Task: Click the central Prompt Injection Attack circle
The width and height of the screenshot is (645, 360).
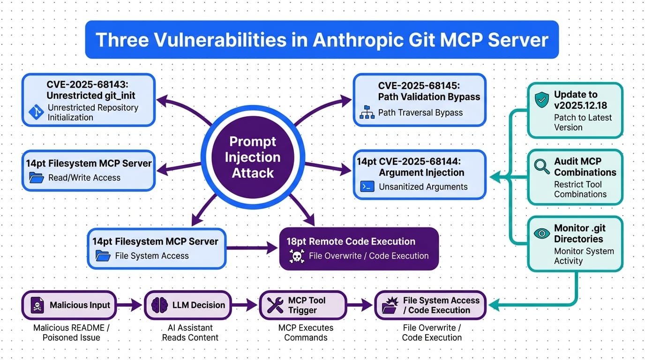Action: tap(253, 157)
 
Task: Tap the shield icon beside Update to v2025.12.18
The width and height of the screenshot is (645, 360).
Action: tap(541, 100)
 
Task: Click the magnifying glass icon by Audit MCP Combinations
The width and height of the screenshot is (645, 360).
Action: tap(541, 166)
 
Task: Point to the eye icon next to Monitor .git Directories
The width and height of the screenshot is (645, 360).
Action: tap(542, 233)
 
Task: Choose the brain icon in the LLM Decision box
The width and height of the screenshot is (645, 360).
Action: tap(160, 305)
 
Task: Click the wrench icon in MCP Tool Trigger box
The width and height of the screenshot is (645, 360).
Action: tap(275, 305)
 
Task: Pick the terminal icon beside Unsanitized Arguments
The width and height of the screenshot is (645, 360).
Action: tap(367, 187)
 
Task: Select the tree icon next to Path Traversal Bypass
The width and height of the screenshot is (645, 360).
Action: tap(367, 112)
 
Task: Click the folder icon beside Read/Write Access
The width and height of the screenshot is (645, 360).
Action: tap(36, 178)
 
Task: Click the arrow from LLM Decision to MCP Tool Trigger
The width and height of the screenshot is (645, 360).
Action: tap(244, 305)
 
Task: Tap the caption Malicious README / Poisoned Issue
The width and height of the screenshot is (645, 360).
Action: tap(71, 332)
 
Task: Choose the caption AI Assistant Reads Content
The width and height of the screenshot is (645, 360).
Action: tap(190, 332)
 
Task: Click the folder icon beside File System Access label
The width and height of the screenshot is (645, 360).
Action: tap(103, 256)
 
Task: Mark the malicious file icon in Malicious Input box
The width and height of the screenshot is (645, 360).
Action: tap(36, 305)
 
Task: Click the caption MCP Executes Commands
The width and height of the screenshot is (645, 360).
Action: tap(306, 332)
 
